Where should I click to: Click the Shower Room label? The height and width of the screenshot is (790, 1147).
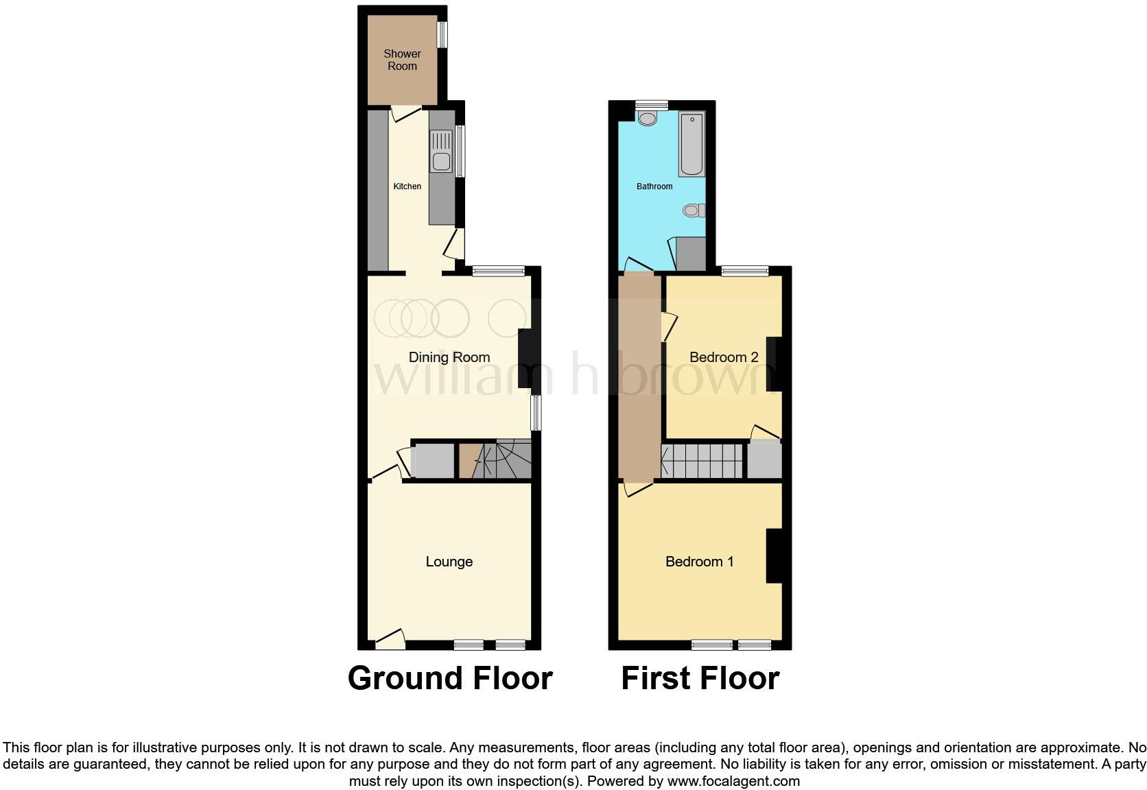(402, 60)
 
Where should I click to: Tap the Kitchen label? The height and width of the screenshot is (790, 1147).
(407, 187)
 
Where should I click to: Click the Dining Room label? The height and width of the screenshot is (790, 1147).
(449, 357)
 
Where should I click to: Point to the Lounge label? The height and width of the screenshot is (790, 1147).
(449, 562)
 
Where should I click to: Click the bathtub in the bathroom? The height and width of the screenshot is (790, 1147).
(691, 145)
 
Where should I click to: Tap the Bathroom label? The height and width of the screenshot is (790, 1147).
(654, 187)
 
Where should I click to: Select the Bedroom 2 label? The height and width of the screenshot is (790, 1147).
(724, 357)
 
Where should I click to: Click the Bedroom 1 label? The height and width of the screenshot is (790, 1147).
(700, 562)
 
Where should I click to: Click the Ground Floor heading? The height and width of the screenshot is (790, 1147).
(450, 678)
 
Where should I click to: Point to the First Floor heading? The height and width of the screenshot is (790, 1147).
(700, 678)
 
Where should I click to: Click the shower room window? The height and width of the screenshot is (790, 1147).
(442, 35)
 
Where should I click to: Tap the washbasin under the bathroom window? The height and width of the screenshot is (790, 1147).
(647, 118)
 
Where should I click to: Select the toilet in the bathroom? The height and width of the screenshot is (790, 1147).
(694, 211)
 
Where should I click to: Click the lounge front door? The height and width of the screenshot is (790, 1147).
(389, 639)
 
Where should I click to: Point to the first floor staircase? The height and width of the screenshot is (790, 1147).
(702, 461)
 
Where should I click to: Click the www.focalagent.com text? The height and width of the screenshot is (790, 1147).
(733, 780)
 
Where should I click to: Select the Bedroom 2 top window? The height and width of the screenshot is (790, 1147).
(744, 271)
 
